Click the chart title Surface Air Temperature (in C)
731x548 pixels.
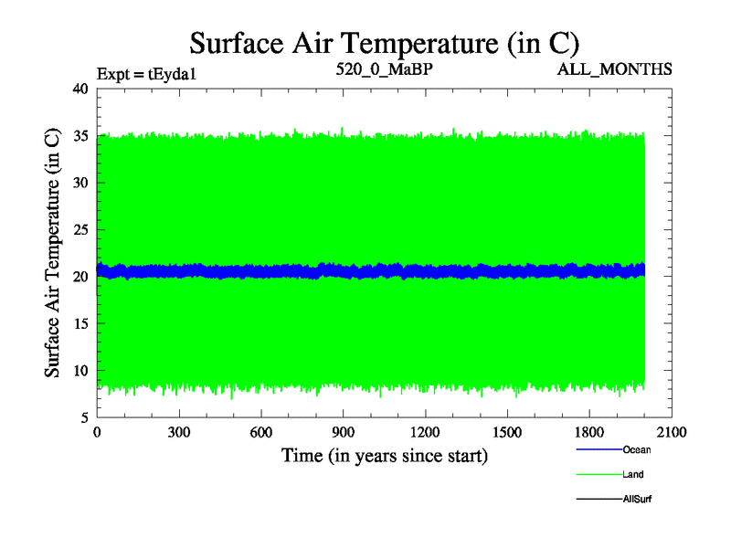click(x=384, y=43)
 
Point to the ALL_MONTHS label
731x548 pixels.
click(x=615, y=68)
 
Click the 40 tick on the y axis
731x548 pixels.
click(x=79, y=89)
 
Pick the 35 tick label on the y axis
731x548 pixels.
click(x=79, y=136)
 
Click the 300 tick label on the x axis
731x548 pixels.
click(x=179, y=433)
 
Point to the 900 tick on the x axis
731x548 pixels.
click(x=344, y=433)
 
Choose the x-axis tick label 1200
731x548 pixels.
click(x=425, y=433)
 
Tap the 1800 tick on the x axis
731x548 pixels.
click(x=589, y=433)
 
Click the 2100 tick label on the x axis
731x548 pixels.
click(x=672, y=433)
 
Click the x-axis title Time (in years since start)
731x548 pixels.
click(x=384, y=455)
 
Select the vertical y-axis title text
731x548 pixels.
click(x=53, y=253)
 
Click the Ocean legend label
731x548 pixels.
click(x=637, y=449)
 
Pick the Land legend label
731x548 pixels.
click(x=633, y=474)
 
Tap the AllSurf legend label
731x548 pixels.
click(x=636, y=499)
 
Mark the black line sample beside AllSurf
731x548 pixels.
click(x=599, y=499)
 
